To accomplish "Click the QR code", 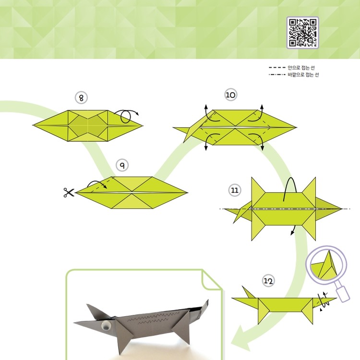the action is point(302,33).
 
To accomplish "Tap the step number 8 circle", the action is point(81,98).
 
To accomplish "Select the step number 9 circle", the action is point(122,165).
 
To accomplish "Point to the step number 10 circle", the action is point(231,95).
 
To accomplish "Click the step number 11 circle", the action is point(235,190).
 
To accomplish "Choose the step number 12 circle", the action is point(268,281).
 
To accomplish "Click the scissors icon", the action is point(69,192).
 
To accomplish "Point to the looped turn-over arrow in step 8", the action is point(126,116).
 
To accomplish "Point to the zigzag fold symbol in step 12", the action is point(324,302).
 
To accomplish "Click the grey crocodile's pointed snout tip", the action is point(74,323).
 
